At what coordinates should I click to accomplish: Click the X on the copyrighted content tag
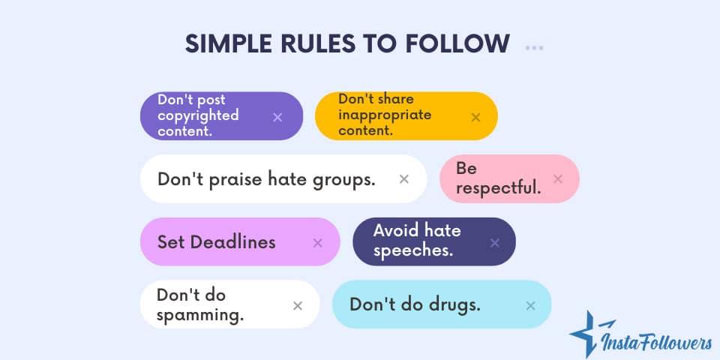277,117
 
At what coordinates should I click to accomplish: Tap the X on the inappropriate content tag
475,117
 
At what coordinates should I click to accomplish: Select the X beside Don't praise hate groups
404,178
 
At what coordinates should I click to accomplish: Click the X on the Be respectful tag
557,178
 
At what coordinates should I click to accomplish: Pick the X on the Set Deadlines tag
317,242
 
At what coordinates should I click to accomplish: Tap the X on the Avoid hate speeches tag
494,242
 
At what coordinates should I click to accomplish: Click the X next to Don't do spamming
298,305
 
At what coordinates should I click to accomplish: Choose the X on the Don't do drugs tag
530,305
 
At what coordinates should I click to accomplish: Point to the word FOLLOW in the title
463,43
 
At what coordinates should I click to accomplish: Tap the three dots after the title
534,48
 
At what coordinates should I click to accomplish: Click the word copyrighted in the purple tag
198,115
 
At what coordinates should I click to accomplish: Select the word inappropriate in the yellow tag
385,115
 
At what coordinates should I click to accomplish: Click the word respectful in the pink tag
498,188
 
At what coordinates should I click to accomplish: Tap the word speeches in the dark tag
412,250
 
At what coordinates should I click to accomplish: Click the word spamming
200,314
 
